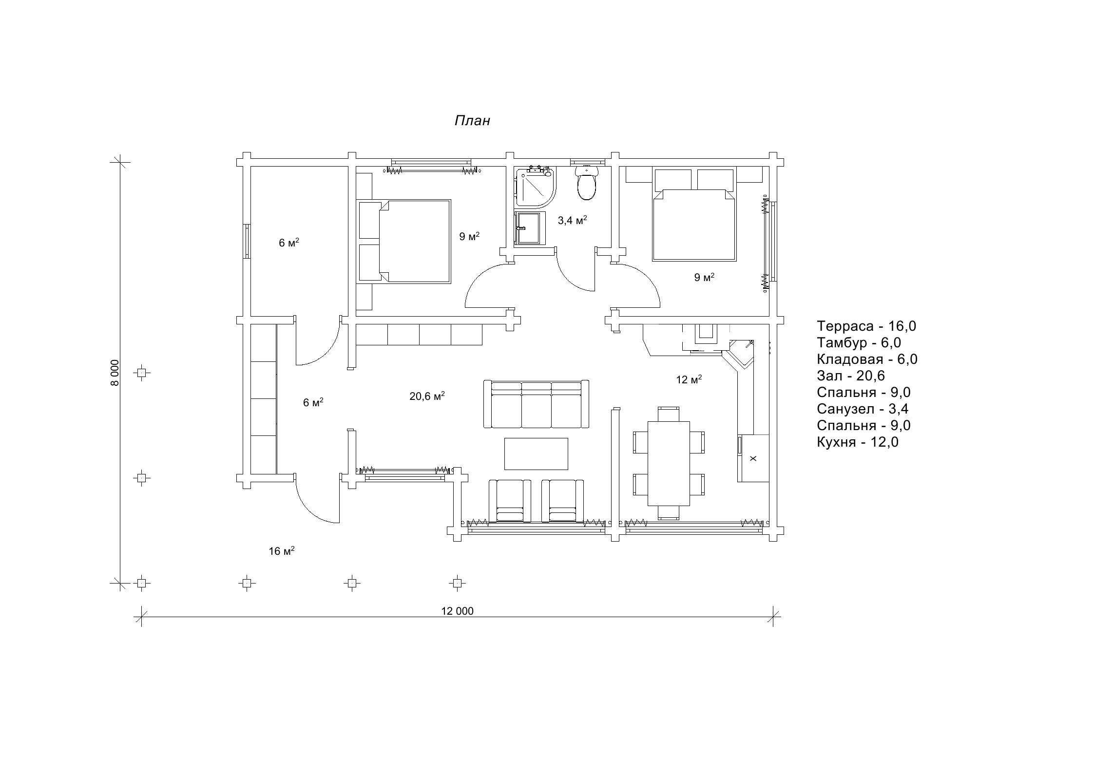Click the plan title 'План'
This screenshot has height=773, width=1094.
pos(472,121)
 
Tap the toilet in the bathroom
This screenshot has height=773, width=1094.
pos(586,183)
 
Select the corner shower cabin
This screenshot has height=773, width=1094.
pos(535,188)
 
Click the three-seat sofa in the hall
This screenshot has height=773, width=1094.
pos(536,404)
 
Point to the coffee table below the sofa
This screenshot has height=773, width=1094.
pos(536,453)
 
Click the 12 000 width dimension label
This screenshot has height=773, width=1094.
pos(457,611)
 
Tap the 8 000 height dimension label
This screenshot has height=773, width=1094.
pos(115,373)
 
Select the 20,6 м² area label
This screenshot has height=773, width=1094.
pos(427,396)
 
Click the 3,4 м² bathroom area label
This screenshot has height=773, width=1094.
pos(572,220)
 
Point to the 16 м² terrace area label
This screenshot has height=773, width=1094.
pos(282,551)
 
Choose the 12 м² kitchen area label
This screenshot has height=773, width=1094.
pos(689,379)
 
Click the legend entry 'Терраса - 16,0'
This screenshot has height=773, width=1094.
pos(866,326)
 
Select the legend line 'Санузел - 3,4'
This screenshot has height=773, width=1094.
pos(863,409)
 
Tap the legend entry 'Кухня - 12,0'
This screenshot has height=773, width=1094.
pos(858,442)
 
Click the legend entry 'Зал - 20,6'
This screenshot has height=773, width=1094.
pos(851,376)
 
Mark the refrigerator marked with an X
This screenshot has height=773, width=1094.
pos(753,458)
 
